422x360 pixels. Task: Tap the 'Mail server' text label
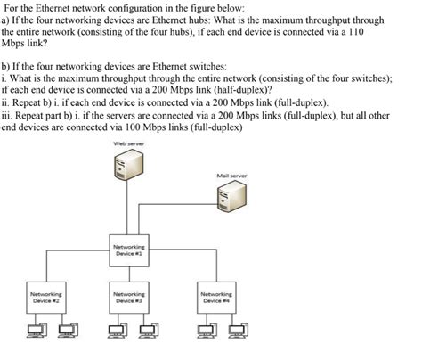[x=231, y=176]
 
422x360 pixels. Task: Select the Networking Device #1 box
[x=129, y=248]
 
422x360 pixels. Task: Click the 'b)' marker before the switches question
[x=7, y=66]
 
